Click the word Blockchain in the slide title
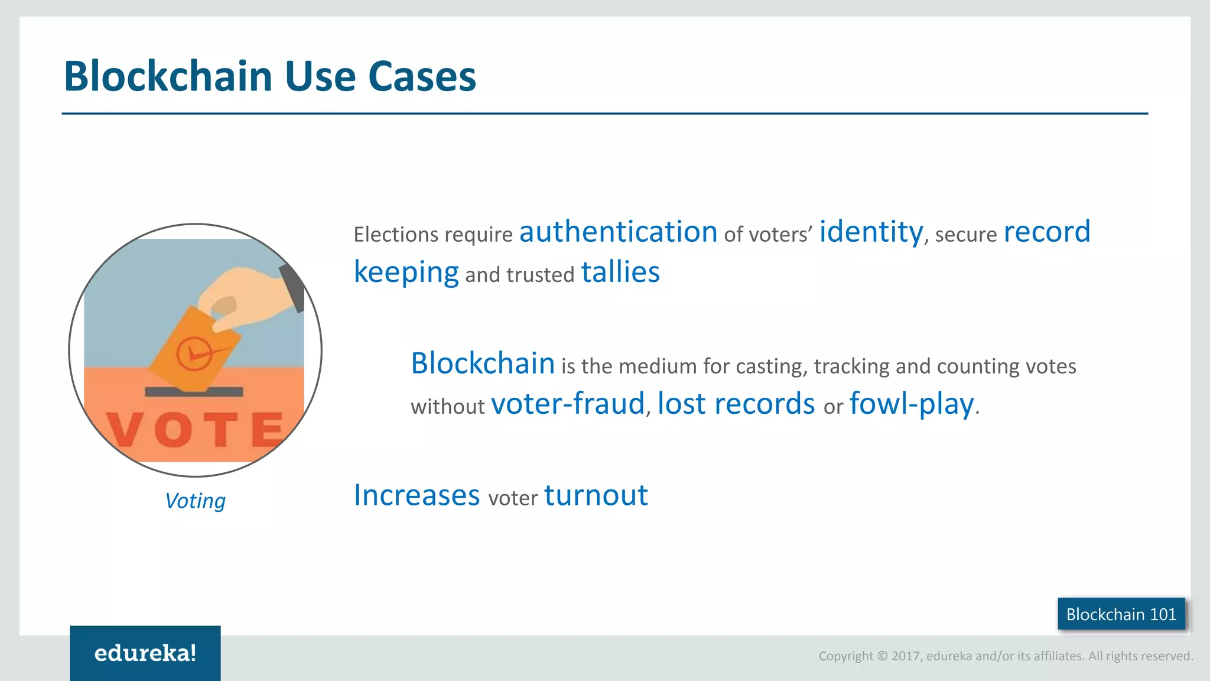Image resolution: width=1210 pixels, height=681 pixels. pyautogui.click(x=168, y=77)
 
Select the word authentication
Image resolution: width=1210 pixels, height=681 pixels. pyautogui.click(x=618, y=232)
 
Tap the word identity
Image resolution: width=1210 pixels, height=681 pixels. pyautogui.click(x=871, y=232)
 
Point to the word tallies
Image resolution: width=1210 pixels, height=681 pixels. pyautogui.click(x=620, y=273)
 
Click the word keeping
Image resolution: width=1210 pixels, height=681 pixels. pyautogui.click(x=406, y=273)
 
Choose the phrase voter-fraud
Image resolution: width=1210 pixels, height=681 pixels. pyautogui.click(x=567, y=404)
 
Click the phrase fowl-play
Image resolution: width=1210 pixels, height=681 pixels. pyautogui.click(x=912, y=404)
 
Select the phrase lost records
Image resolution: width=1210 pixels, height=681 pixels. pyautogui.click(x=736, y=404)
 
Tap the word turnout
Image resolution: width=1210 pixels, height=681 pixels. pyautogui.click(x=596, y=495)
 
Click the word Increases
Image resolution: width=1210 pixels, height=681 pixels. pyautogui.click(x=417, y=495)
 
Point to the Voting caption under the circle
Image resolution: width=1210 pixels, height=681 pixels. pyautogui.click(x=195, y=501)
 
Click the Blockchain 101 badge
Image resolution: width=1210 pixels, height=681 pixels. pyautogui.click(x=1121, y=614)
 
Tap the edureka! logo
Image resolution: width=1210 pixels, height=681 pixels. pyautogui.click(x=145, y=653)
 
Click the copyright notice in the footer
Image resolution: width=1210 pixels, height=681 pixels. pyautogui.click(x=1006, y=656)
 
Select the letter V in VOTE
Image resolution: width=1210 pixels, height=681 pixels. pyautogui.click(x=125, y=430)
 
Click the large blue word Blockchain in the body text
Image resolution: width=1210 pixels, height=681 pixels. pyautogui.click(x=483, y=364)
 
